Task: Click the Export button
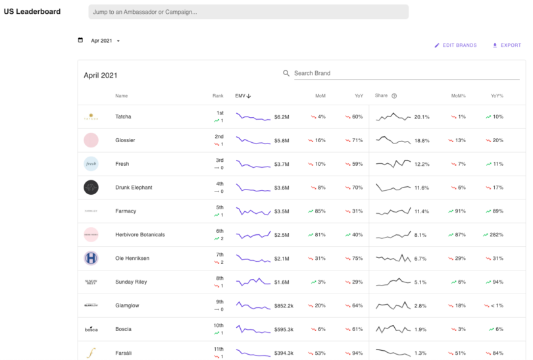[507, 45]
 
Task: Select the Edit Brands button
[455, 45]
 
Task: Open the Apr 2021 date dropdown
[105, 41]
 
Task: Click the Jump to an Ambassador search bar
[248, 12]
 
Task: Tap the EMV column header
[243, 96]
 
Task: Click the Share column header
[382, 96]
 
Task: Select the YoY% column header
[497, 96]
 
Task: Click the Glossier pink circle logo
[91, 140]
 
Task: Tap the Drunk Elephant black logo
[91, 188]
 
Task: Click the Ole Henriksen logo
[91, 259]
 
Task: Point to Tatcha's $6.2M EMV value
[282, 117]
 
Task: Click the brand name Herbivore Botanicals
[140, 235]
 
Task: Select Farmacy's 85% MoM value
[317, 211]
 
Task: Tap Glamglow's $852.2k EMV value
[284, 306]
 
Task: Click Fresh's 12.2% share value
[422, 164]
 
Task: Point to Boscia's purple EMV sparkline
[253, 329]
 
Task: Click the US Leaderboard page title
[32, 12]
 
